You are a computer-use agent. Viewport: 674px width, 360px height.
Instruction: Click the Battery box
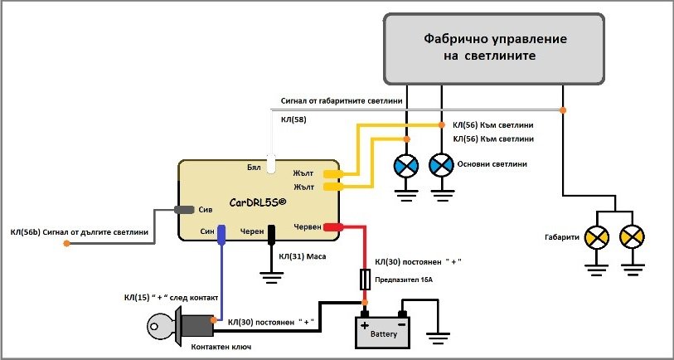(382, 331)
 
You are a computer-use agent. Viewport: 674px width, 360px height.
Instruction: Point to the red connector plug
(333, 226)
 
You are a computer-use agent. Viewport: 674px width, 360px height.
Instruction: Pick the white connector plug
(271, 163)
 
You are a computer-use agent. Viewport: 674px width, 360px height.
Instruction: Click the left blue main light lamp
(406, 165)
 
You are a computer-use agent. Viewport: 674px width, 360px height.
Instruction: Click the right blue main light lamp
(439, 165)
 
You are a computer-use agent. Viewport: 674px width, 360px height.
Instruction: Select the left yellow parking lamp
(598, 239)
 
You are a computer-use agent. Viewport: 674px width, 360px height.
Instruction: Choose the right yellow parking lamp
(633, 239)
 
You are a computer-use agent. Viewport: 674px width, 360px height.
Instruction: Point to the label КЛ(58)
(294, 120)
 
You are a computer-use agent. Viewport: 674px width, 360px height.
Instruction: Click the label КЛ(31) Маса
(303, 257)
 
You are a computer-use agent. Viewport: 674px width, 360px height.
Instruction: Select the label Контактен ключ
(221, 347)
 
